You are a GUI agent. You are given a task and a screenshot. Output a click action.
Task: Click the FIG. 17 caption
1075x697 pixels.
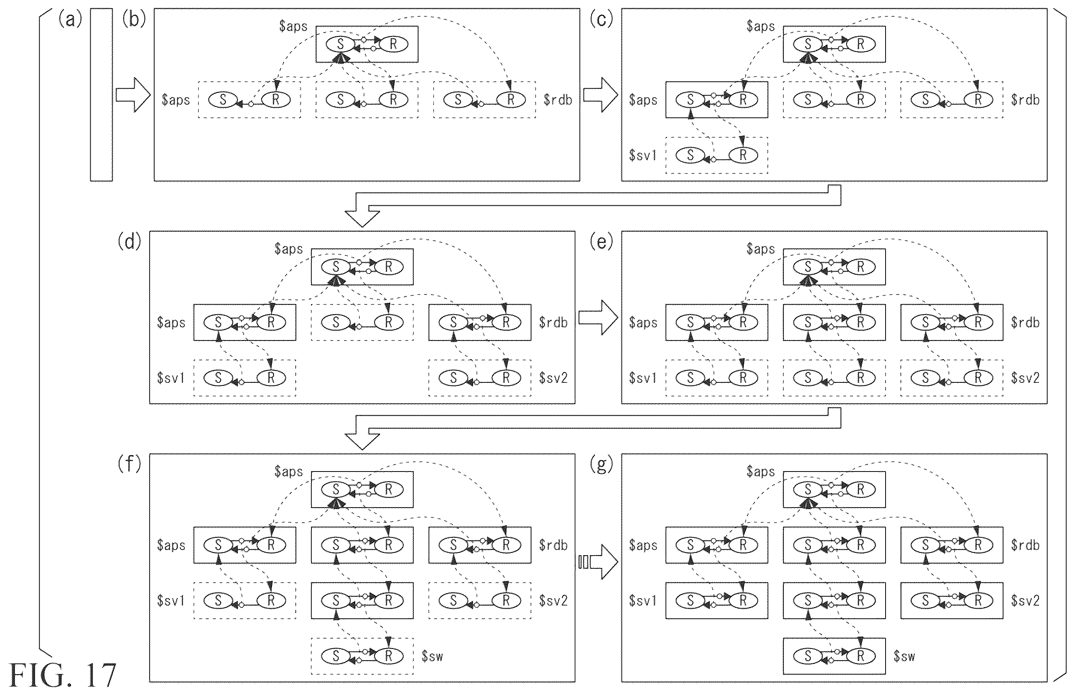click(62, 676)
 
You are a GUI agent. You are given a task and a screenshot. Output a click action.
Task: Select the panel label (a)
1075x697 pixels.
click(70, 20)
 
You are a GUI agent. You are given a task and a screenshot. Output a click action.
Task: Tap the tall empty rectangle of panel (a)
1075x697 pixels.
click(101, 95)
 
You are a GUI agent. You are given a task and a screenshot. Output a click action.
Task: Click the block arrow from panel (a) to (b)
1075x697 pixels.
click(133, 95)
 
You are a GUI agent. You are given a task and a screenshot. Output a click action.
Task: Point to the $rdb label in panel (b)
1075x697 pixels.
click(558, 100)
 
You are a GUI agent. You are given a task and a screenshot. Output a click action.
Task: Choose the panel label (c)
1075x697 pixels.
click(601, 20)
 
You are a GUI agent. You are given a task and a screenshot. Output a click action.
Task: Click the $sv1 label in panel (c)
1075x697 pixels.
click(643, 155)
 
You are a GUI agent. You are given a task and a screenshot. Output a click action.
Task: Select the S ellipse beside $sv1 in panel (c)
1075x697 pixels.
click(690, 155)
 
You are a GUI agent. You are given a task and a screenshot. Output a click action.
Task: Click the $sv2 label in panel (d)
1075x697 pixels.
click(553, 378)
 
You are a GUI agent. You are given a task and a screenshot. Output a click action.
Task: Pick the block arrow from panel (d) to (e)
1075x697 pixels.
click(598, 318)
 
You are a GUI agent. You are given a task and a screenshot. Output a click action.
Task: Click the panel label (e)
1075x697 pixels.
click(601, 243)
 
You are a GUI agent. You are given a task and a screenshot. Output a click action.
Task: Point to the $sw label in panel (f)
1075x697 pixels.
click(432, 656)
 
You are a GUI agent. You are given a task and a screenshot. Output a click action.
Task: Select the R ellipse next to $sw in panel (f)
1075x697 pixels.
click(389, 656)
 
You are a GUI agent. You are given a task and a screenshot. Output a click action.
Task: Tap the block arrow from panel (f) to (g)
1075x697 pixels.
click(598, 562)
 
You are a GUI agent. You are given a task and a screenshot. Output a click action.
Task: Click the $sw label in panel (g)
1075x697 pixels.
click(904, 656)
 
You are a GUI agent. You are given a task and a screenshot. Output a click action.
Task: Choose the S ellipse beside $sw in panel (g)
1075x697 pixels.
click(808, 656)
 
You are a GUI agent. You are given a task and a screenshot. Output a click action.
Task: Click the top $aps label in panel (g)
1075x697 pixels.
click(760, 472)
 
